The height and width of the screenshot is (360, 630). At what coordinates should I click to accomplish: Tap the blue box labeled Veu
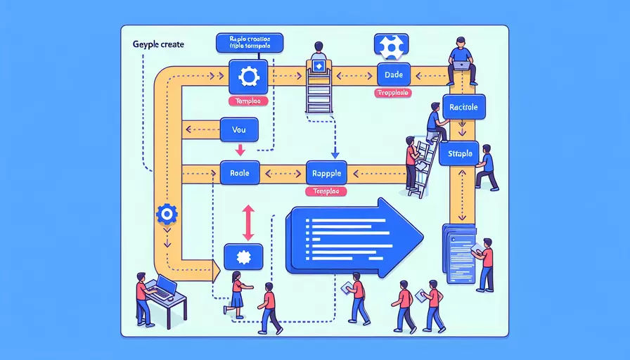point(239,129)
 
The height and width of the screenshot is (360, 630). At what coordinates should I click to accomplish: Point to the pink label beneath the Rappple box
point(328,191)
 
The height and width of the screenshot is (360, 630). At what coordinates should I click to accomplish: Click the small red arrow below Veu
point(239,149)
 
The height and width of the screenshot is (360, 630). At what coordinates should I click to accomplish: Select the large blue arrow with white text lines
point(352,237)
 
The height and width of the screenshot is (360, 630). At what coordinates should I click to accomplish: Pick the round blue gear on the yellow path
point(167,214)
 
